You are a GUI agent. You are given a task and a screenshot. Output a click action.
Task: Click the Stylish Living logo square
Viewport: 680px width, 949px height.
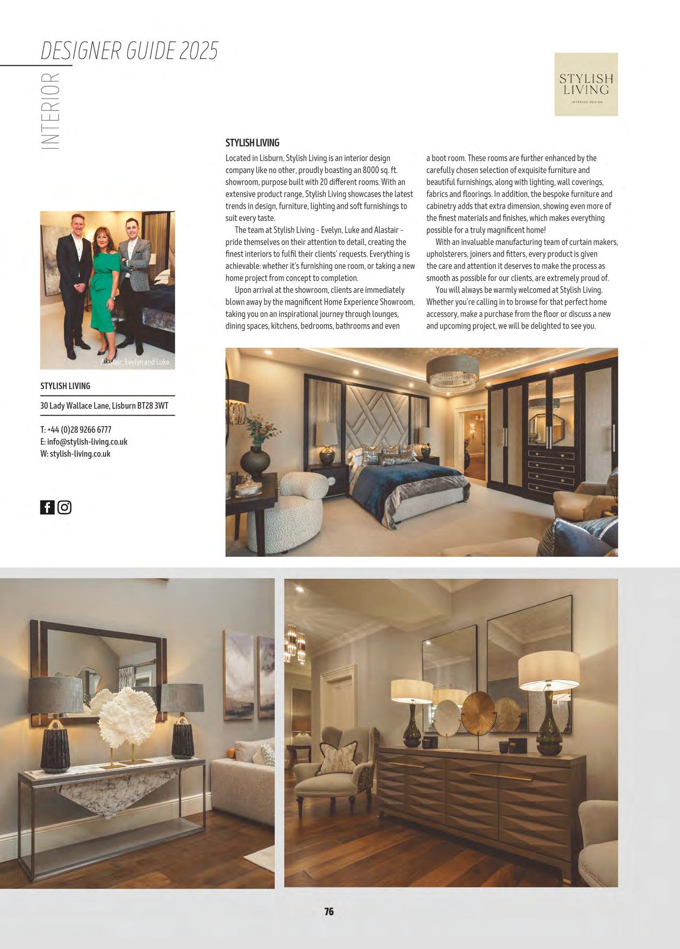[586, 84]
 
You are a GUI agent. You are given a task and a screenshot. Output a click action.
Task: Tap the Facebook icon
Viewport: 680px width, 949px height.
[47, 507]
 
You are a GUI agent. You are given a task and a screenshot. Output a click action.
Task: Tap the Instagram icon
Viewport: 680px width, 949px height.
[64, 507]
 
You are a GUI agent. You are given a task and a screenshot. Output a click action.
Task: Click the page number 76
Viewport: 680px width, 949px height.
[329, 911]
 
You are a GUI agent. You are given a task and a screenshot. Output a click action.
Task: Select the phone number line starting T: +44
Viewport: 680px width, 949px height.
[76, 430]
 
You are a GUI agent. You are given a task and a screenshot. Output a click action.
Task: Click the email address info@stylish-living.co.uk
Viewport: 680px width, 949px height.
[87, 442]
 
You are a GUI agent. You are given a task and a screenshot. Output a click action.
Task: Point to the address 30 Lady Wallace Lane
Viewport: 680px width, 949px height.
[104, 405]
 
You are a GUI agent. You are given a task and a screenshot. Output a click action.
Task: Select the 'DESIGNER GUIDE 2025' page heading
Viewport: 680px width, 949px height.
[129, 51]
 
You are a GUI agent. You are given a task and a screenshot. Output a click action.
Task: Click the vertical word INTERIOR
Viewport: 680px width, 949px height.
[50, 110]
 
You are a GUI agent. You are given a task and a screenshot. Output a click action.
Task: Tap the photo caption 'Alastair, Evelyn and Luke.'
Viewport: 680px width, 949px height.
[135, 362]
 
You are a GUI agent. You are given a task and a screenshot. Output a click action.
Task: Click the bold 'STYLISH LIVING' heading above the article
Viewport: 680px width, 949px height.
[252, 143]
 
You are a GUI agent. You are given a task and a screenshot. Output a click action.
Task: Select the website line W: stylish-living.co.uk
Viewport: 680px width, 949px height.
[75, 454]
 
